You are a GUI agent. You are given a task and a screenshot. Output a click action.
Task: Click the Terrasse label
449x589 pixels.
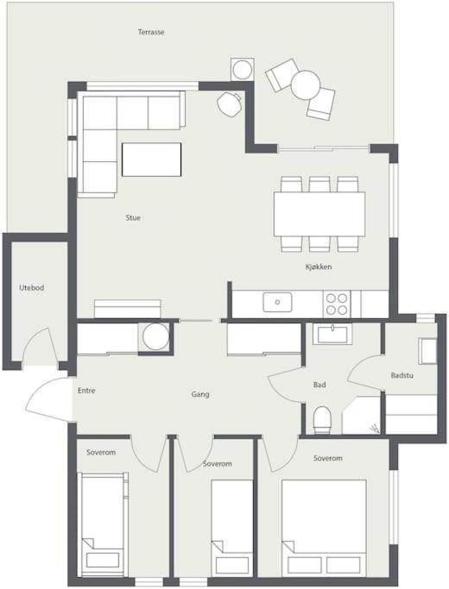coord(151,32)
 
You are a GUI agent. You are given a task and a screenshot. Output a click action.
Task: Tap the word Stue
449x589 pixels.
coord(133,218)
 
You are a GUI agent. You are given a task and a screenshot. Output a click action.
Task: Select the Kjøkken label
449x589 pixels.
coord(318,267)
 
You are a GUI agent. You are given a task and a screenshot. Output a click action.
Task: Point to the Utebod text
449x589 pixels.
coord(32,288)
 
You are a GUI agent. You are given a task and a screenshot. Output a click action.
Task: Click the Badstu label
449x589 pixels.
coord(402,375)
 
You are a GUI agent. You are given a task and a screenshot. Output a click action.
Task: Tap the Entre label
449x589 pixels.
coord(86,391)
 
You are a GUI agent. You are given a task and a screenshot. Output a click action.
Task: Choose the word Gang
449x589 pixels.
coord(200,394)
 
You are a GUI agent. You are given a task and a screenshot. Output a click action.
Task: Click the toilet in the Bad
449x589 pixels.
coord(322,420)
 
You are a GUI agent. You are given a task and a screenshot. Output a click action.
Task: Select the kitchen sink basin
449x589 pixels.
coord(277,303)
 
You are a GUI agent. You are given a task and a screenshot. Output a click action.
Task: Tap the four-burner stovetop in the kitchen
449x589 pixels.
coord(337,304)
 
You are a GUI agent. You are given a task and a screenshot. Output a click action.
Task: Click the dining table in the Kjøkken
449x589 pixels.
coord(319,214)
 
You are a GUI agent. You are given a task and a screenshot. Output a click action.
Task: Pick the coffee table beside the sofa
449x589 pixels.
coord(152,160)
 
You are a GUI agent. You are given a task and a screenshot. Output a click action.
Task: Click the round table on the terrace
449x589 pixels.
coord(306,85)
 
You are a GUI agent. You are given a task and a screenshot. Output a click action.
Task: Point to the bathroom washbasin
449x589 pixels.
coord(332,334)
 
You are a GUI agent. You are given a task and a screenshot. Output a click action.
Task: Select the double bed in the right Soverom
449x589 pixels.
coord(324,528)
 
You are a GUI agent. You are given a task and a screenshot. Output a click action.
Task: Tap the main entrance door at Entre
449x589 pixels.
coord(49,399)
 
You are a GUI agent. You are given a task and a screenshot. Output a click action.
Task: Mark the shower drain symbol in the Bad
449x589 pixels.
coord(374,428)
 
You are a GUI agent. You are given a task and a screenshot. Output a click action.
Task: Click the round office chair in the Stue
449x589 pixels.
coord(229,103)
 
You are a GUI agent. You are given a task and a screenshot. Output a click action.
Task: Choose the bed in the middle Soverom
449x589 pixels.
coord(232,528)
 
